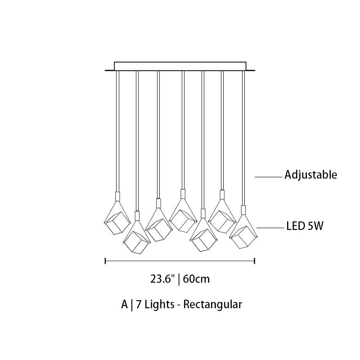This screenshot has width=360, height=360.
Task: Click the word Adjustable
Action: point(310,175)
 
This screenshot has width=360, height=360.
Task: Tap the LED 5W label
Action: point(305,226)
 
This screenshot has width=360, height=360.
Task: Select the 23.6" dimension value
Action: point(162,279)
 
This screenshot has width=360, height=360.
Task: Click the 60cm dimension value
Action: point(197,279)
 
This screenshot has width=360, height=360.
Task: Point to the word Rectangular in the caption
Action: point(212,305)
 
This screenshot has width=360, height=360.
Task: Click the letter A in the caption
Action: point(125,305)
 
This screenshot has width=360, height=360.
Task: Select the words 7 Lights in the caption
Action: point(155,305)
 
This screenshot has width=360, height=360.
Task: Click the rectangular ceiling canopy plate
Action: point(180,66)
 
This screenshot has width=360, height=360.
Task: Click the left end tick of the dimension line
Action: point(105,261)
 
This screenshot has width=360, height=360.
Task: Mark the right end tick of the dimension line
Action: point(255,261)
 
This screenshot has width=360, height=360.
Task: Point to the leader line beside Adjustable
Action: point(268,177)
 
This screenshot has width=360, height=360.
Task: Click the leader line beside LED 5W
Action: point(270,228)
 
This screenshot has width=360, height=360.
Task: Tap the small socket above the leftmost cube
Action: point(117,196)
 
